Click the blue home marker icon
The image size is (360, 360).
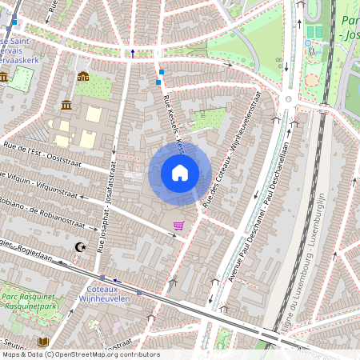pos(180,173)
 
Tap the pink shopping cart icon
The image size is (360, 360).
pos(178,226)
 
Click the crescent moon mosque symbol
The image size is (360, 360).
pos(79,248)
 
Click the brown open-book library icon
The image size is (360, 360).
pos(43,342)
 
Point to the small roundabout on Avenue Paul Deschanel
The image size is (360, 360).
pos(287,99)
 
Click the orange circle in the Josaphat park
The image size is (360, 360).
pos(312,81)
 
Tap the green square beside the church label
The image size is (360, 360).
pos(22,78)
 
